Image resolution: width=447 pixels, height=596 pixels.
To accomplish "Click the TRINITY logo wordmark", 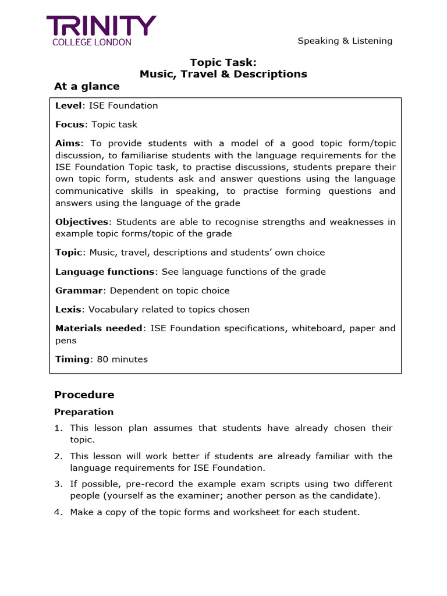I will click(x=101, y=26).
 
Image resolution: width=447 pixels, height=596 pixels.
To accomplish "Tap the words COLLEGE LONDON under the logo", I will click(x=92, y=42).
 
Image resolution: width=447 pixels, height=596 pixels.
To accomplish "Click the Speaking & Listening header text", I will click(x=345, y=41).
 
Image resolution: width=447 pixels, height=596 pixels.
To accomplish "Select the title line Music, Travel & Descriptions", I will click(x=223, y=74).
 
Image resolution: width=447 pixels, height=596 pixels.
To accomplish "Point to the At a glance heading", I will click(x=87, y=87).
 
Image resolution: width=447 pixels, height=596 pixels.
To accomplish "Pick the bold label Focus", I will click(x=69, y=125).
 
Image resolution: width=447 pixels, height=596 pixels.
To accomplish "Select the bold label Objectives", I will click(x=81, y=222).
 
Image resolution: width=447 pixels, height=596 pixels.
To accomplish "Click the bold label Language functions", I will click(x=105, y=272).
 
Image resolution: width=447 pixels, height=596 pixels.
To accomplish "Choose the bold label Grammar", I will click(x=79, y=290).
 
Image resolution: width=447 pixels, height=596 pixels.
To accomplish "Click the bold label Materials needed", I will click(x=98, y=328).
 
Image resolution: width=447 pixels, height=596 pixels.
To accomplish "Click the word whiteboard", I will click(x=317, y=328).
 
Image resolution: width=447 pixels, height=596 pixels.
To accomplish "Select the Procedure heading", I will click(x=84, y=395).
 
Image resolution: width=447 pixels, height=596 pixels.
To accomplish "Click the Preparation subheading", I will click(x=84, y=412).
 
